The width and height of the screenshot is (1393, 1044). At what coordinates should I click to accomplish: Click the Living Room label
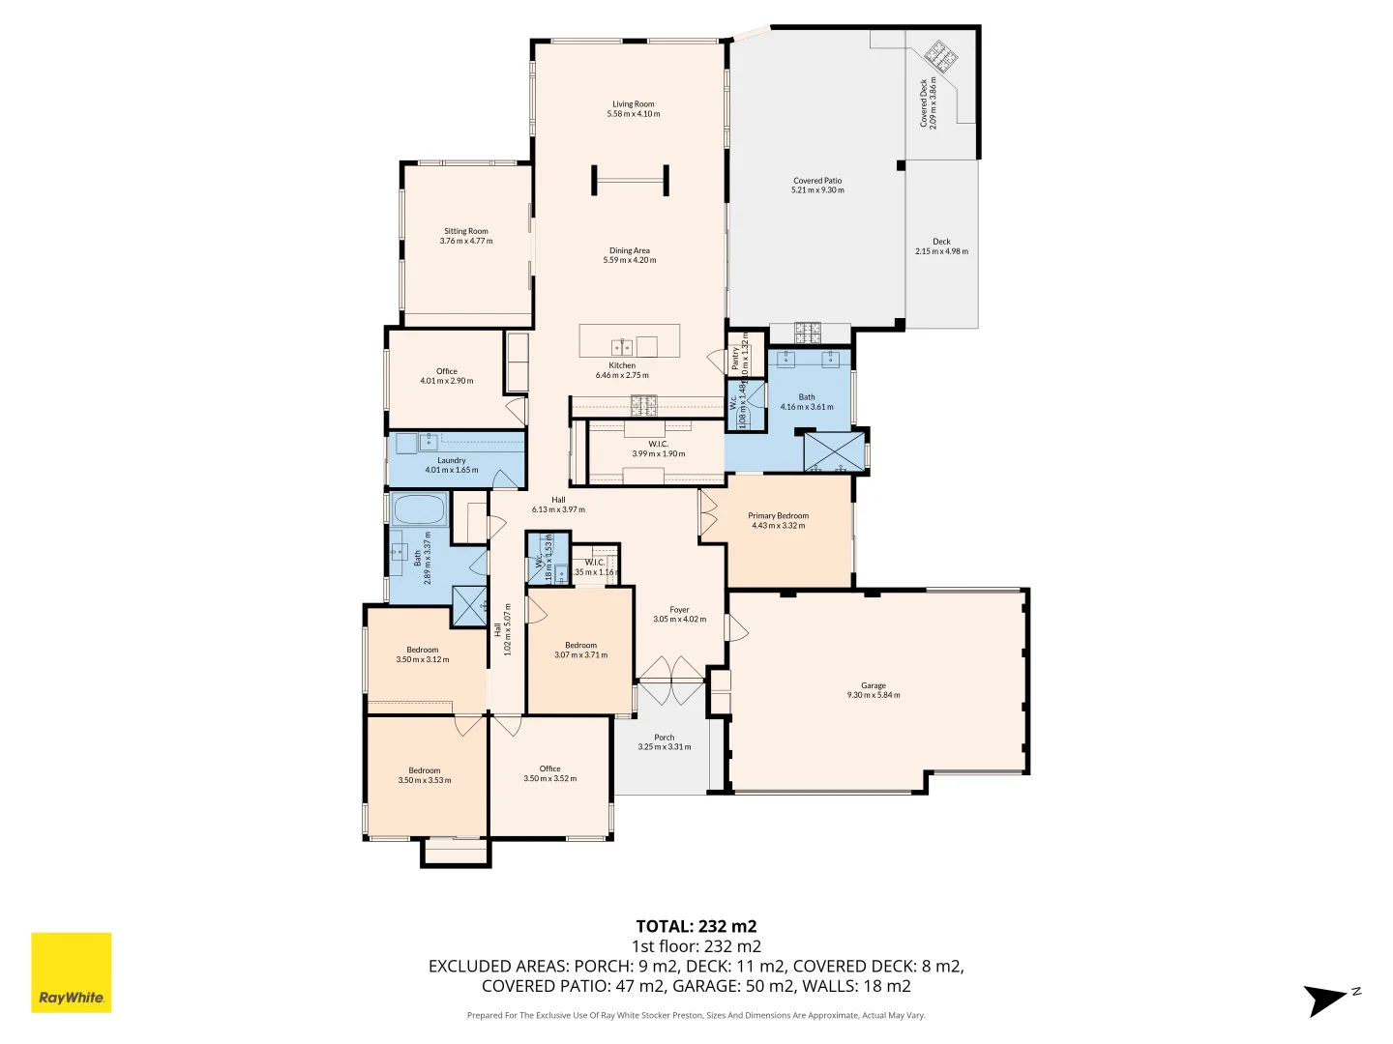[633, 104]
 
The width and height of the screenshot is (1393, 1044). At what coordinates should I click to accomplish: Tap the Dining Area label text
[629, 251]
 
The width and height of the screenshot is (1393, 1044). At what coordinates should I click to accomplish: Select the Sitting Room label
[465, 232]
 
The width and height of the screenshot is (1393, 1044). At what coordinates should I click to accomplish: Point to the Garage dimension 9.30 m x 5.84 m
[873, 695]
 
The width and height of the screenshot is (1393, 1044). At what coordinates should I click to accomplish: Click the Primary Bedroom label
[778, 516]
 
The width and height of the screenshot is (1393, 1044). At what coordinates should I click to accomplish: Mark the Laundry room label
[451, 461]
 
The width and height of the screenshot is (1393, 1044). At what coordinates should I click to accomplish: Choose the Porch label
[664, 738]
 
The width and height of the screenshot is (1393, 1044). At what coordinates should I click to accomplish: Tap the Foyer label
[679, 610]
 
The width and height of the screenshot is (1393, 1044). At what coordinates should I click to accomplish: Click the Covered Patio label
[817, 181]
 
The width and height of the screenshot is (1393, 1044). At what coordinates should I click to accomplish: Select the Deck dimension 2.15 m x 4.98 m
[941, 251]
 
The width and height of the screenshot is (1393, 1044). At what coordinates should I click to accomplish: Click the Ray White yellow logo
[72, 972]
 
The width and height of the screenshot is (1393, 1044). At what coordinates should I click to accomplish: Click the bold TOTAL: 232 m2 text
[696, 926]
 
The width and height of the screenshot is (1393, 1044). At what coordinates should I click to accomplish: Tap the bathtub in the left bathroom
[419, 509]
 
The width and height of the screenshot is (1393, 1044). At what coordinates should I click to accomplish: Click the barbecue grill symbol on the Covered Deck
[938, 55]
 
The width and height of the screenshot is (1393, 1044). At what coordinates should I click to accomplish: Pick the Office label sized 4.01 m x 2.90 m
[446, 371]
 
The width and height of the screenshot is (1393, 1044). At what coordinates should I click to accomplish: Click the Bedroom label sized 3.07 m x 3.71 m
[580, 646]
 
